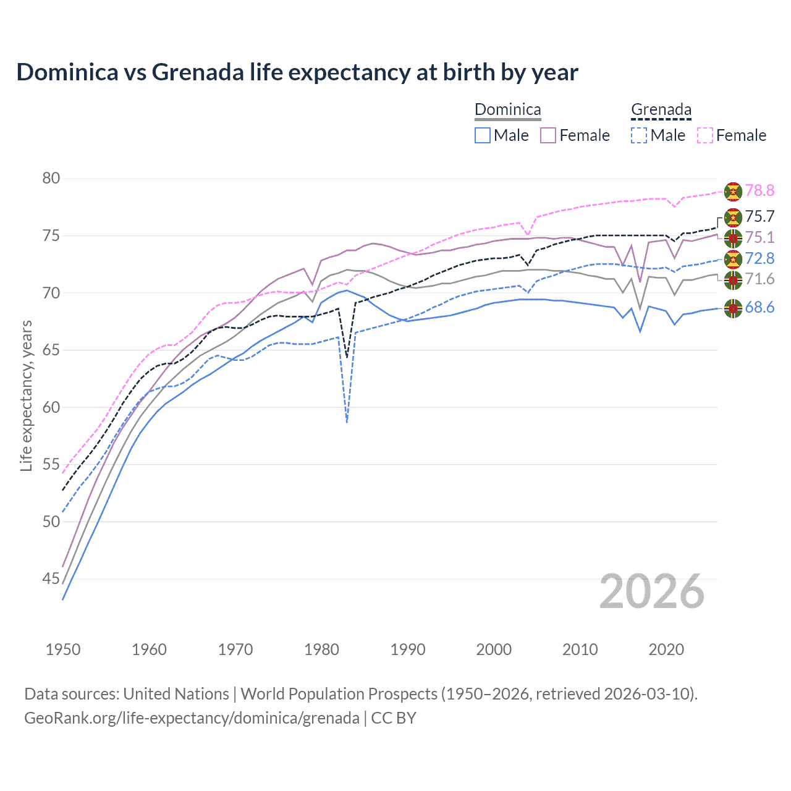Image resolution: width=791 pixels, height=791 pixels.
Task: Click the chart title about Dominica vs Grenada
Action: pos(297,72)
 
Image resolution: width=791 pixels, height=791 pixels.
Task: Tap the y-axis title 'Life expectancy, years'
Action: pos(26,395)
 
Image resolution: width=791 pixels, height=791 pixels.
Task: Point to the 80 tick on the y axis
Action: pos(51,179)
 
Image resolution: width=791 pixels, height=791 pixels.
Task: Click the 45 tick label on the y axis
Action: pos(51,579)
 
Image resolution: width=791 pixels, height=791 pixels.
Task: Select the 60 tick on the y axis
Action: pos(51,407)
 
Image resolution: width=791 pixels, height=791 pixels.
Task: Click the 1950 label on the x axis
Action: pos(63,649)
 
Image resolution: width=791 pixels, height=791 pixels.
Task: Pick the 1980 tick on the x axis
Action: pos(322,649)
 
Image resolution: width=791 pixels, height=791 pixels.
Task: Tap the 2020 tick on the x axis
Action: pos(666,649)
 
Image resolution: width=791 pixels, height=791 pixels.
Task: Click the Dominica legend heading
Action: pos(507,110)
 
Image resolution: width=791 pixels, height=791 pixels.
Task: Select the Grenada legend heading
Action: pos(661,110)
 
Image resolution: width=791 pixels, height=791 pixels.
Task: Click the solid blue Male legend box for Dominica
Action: pos(483,135)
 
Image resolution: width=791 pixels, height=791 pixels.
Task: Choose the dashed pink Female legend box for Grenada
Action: pos(705,135)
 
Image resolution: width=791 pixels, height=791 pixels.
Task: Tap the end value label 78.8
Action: pos(759,191)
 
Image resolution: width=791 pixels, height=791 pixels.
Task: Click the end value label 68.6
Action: pos(759,308)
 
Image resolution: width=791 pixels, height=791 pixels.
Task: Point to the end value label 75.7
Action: pos(759,217)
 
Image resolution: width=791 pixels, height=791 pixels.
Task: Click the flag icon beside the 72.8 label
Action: pos(733,259)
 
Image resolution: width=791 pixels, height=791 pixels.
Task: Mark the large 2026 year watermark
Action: pos(652,592)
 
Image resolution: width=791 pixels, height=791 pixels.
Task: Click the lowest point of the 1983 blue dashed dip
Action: pos(347,422)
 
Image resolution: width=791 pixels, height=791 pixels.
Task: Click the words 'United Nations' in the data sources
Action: pos(176,694)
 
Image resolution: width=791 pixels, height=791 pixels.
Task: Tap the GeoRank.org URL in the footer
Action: pos(192,718)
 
